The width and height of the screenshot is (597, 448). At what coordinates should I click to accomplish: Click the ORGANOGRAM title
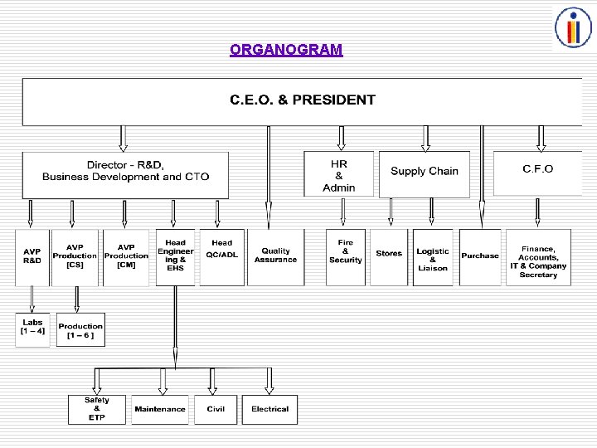pyautogui.click(x=286, y=50)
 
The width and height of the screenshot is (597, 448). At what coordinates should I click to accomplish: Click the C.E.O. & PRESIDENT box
pyautogui.click(x=302, y=100)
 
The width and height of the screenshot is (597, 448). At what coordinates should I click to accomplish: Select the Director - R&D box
pyautogui.click(x=125, y=171)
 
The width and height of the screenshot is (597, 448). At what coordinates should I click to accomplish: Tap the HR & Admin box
pyautogui.click(x=338, y=175)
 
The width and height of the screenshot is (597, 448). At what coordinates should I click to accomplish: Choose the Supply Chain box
pyautogui.click(x=424, y=172)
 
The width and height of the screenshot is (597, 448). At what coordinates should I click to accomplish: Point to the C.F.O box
pyautogui.click(x=537, y=170)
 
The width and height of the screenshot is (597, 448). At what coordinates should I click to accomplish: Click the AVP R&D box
pyautogui.click(x=32, y=257)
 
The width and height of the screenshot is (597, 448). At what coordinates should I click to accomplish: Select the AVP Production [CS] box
pyautogui.click(x=75, y=257)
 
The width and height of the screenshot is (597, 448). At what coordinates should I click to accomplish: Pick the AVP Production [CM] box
pyautogui.click(x=126, y=257)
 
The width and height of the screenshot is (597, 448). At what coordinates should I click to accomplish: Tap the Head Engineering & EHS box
pyautogui.click(x=175, y=257)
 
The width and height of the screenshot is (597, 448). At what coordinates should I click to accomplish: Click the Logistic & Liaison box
pyautogui.click(x=433, y=257)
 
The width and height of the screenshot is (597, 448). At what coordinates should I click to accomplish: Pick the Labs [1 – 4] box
pyautogui.click(x=32, y=329)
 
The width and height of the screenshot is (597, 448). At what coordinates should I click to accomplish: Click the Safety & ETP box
pyautogui.click(x=97, y=409)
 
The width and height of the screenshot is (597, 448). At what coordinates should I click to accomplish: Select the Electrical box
pyautogui.click(x=269, y=409)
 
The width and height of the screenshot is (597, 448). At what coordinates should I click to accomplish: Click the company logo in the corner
pyautogui.click(x=573, y=27)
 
